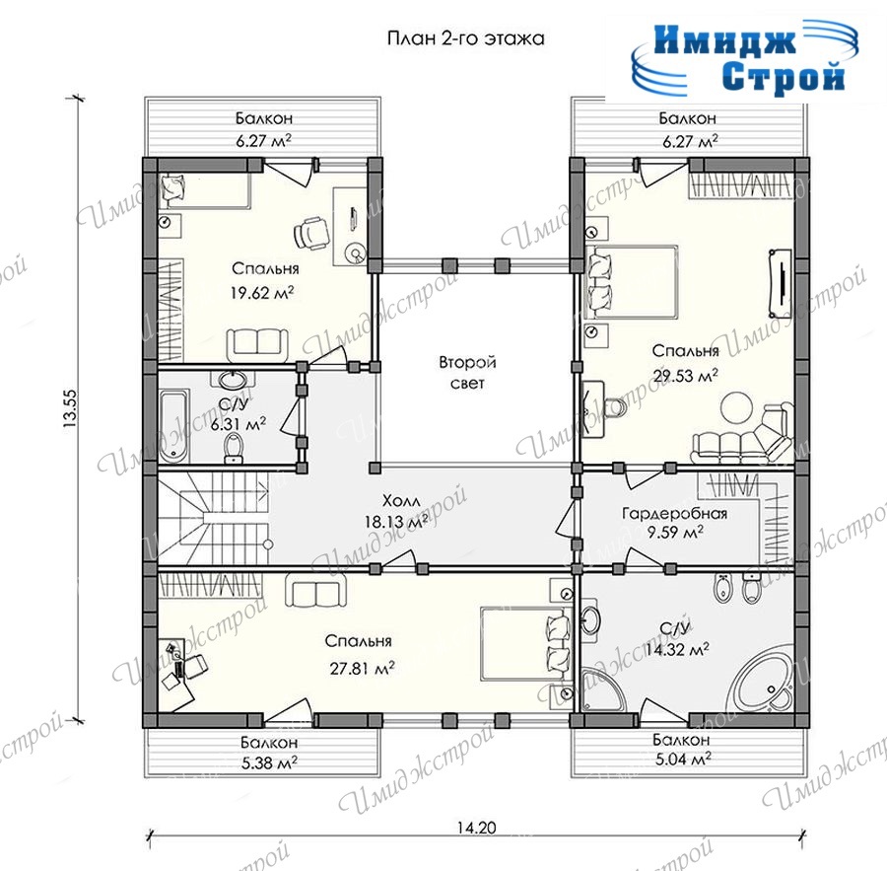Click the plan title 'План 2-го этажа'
pos(465,38)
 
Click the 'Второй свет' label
pos(468,372)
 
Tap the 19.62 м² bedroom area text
pos(262,292)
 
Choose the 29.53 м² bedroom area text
pos(686,375)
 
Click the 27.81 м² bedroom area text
pos(362,668)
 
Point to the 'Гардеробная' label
pos(674,514)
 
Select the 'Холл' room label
pos(401,501)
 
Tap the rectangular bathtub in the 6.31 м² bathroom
pos(173,425)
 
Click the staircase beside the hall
pos(213,518)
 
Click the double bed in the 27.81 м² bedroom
pos(522,644)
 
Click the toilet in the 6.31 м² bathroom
pos(233,448)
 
